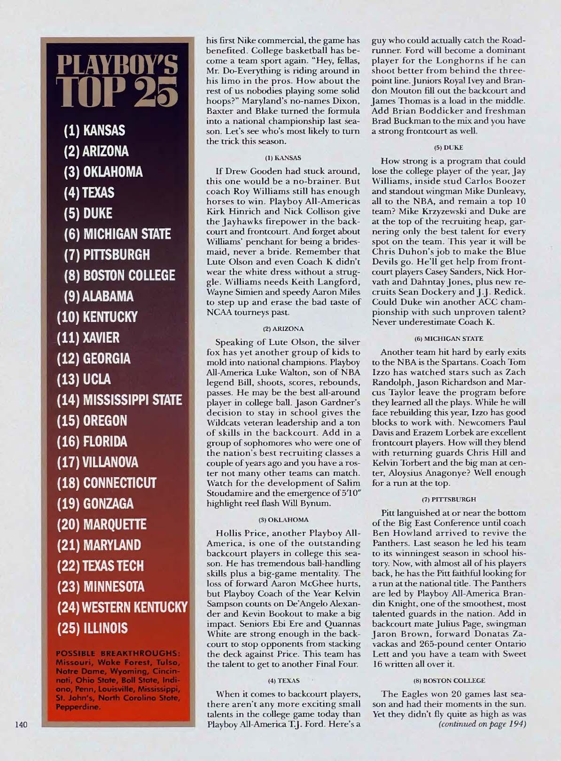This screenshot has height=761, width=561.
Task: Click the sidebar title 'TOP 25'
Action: coord(117,91)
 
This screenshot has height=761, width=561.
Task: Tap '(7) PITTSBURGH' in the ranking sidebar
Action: coord(107,255)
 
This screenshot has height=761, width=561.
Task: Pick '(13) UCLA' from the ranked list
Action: coord(84,379)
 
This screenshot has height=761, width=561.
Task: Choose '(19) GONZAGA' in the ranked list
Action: coord(95,504)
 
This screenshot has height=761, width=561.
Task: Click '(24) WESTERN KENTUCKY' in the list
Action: coord(122,607)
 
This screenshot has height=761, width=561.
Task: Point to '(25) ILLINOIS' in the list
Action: coord(92,628)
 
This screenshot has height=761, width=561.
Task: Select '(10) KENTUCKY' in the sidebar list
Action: coord(97,317)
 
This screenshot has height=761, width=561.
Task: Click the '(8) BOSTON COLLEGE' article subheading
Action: coord(449,680)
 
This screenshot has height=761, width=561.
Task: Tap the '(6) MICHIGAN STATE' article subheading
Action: coord(449,338)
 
